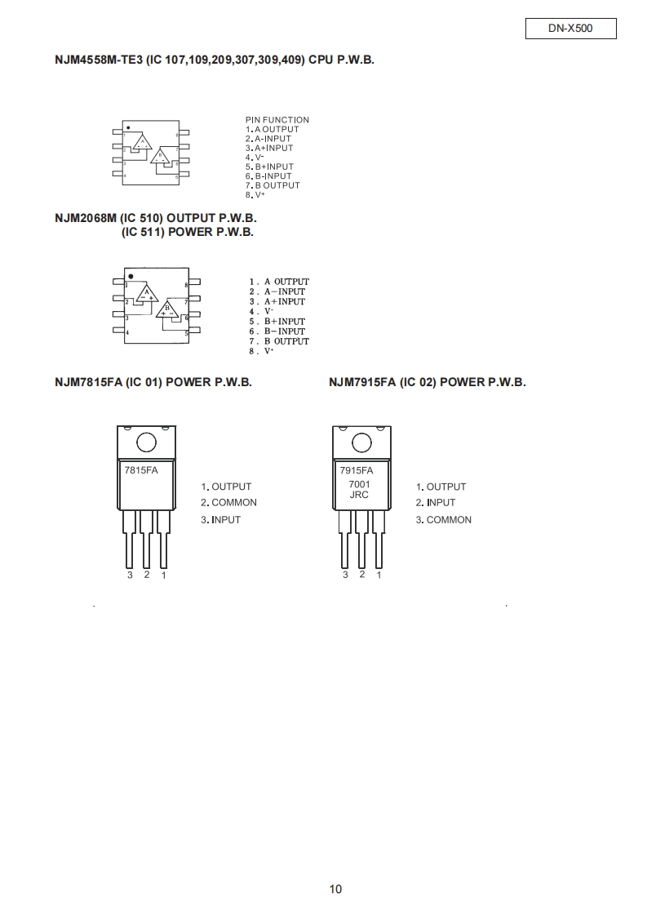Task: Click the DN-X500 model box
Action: (x=570, y=29)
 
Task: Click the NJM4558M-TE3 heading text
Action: (x=215, y=60)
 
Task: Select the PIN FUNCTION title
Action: (x=277, y=120)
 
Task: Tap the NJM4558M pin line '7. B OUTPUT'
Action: (x=273, y=185)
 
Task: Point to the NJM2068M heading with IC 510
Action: (x=156, y=219)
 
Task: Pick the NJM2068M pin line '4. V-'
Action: (x=262, y=312)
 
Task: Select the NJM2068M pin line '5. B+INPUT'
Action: (x=277, y=322)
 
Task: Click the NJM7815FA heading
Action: (x=153, y=383)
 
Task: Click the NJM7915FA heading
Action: (x=428, y=383)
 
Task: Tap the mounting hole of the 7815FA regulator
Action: (x=146, y=442)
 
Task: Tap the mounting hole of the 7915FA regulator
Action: (x=361, y=442)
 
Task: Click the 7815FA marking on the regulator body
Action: (x=141, y=470)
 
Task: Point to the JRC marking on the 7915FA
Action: (x=359, y=495)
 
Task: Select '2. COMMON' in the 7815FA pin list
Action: (x=228, y=503)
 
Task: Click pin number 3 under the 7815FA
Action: (x=130, y=575)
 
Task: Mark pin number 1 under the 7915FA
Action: (x=379, y=575)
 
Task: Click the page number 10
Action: (x=336, y=889)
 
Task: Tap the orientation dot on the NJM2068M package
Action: (x=131, y=276)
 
